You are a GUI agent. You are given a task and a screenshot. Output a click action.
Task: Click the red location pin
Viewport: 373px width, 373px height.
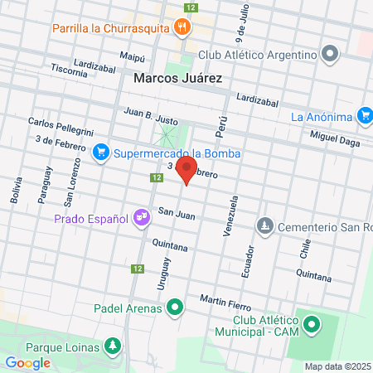(186, 168)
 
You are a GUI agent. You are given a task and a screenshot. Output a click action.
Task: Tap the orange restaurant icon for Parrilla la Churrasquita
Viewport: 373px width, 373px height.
(183, 27)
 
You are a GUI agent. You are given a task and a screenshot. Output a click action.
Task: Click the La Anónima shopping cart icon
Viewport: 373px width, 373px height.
(364, 115)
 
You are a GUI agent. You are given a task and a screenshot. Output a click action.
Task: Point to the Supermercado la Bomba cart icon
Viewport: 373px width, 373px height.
(101, 153)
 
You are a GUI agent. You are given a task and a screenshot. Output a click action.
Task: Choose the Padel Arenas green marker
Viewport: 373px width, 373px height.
(174, 311)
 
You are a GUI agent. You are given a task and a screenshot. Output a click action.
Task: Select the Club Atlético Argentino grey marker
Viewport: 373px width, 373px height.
(331, 55)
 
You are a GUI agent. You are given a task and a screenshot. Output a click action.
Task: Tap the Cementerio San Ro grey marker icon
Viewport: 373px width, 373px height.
(264, 225)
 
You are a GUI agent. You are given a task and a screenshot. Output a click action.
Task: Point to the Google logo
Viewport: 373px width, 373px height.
(27, 362)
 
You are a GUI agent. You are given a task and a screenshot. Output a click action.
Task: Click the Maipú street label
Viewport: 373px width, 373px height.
(133, 57)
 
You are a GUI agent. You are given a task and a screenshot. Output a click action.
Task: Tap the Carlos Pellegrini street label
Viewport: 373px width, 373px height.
(60, 125)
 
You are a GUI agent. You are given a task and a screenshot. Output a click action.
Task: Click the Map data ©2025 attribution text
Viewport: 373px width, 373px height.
(337, 366)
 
